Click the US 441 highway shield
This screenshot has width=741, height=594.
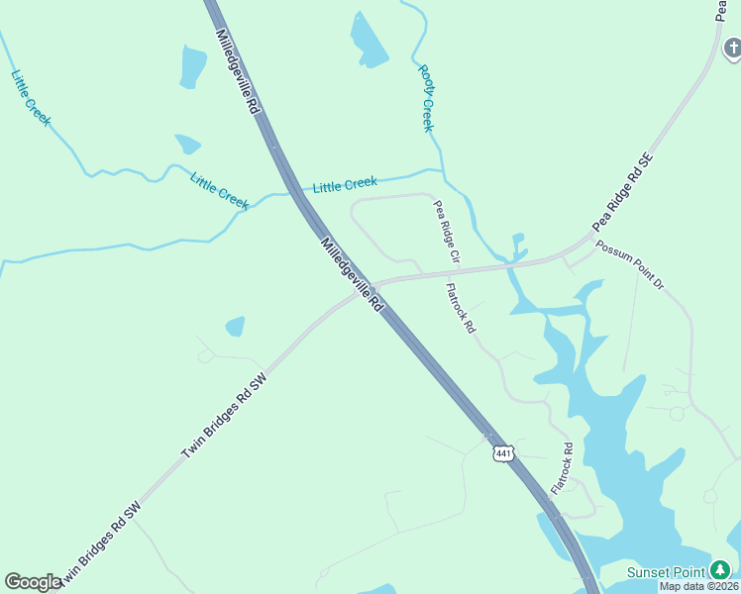pos(503,452)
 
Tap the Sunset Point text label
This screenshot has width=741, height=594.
pos(665,572)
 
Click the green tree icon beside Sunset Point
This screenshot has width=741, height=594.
pos(720,571)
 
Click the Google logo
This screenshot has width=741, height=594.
pos(33,582)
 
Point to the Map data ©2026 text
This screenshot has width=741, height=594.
pos(698,586)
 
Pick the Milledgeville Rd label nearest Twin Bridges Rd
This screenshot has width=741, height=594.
pos(351,274)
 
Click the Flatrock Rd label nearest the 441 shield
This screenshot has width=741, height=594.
pos(562,468)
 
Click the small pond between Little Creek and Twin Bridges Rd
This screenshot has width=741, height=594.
pos(235,326)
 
